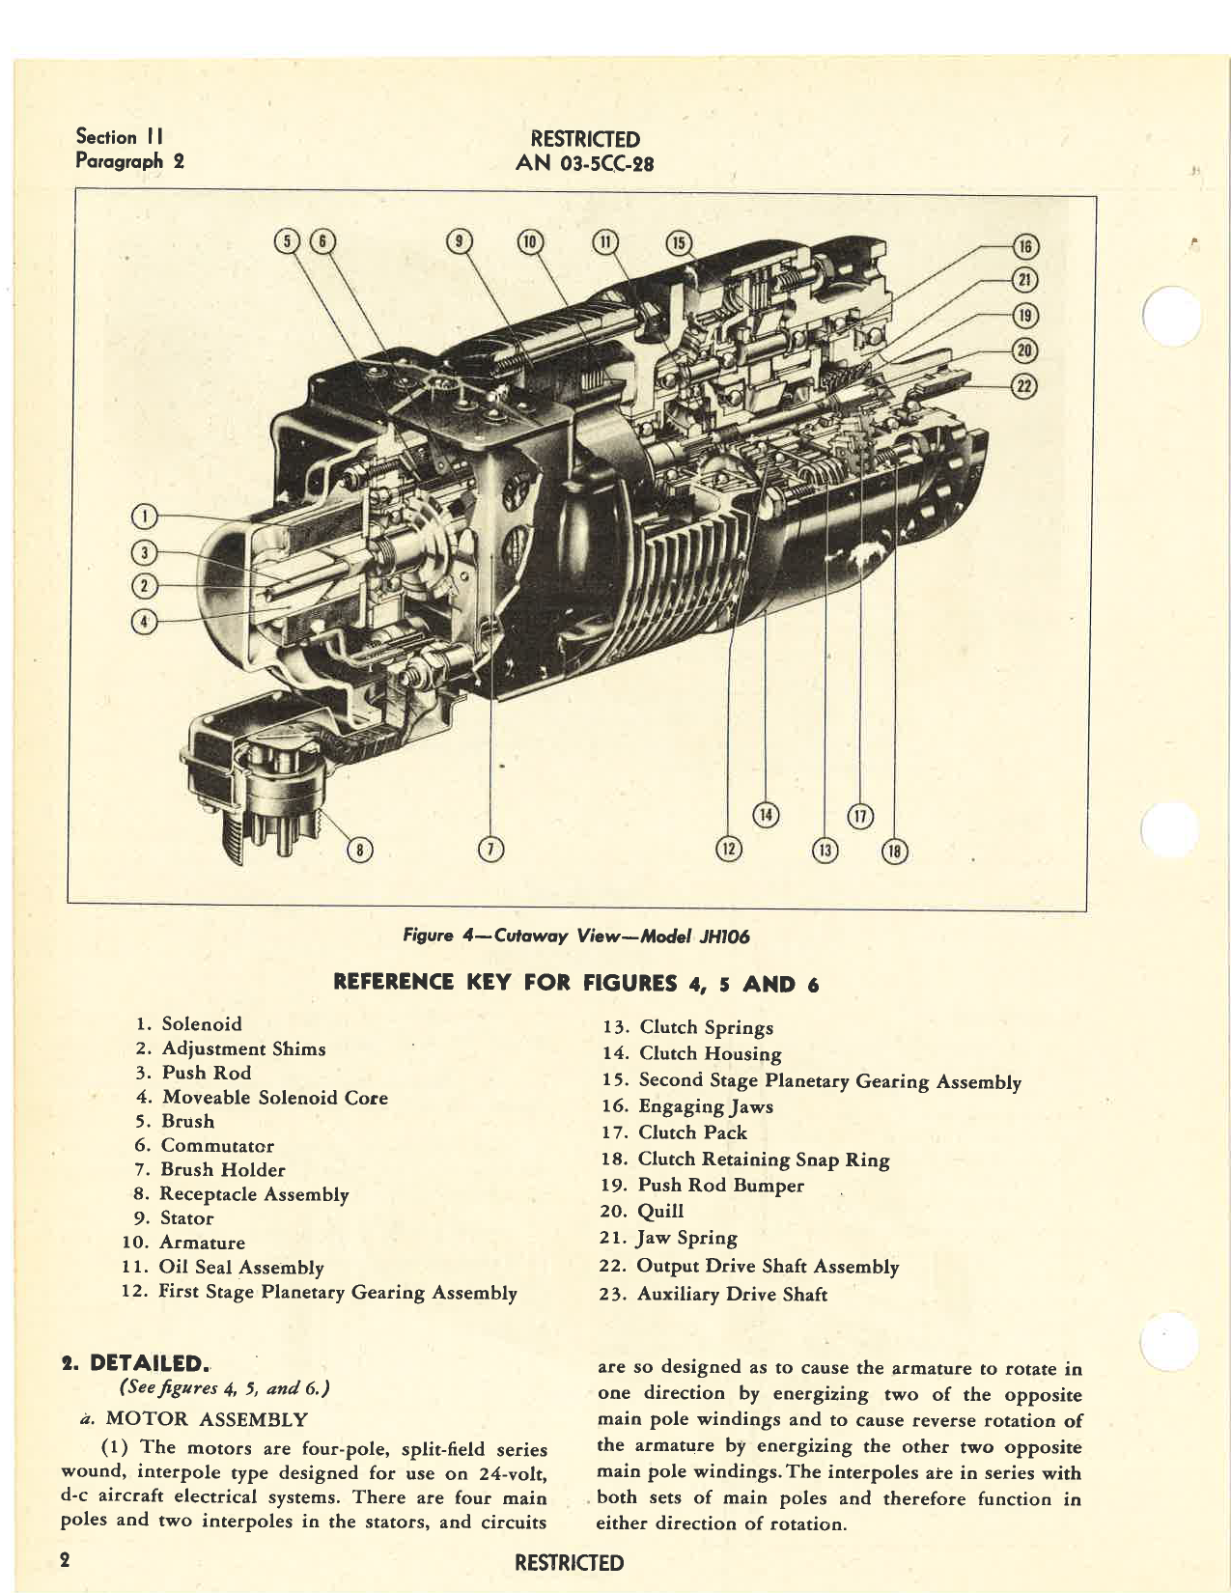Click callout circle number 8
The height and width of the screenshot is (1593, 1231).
click(360, 850)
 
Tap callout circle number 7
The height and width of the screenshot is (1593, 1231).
click(491, 849)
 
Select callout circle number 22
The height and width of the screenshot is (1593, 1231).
click(1023, 386)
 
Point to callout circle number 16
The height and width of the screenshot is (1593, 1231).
click(1023, 246)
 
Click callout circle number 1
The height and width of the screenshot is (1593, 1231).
click(144, 517)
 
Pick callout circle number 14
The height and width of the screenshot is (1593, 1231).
click(766, 816)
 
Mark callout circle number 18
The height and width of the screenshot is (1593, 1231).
click(895, 851)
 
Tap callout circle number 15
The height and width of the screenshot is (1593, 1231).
click(680, 242)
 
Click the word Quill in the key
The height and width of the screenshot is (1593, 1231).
click(660, 1211)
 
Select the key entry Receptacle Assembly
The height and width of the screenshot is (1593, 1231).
click(254, 1194)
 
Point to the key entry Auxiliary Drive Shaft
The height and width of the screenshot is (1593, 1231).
click(732, 1295)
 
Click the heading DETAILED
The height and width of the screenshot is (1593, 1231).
click(148, 1363)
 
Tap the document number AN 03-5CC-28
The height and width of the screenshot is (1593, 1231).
click(584, 163)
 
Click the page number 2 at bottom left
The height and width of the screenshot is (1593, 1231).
click(65, 1560)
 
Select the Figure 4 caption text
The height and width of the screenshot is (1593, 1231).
click(576, 936)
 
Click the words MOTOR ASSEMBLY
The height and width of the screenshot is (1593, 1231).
click(207, 1419)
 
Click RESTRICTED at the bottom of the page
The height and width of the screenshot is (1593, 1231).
click(569, 1562)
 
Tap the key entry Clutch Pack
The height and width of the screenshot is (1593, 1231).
click(692, 1132)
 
